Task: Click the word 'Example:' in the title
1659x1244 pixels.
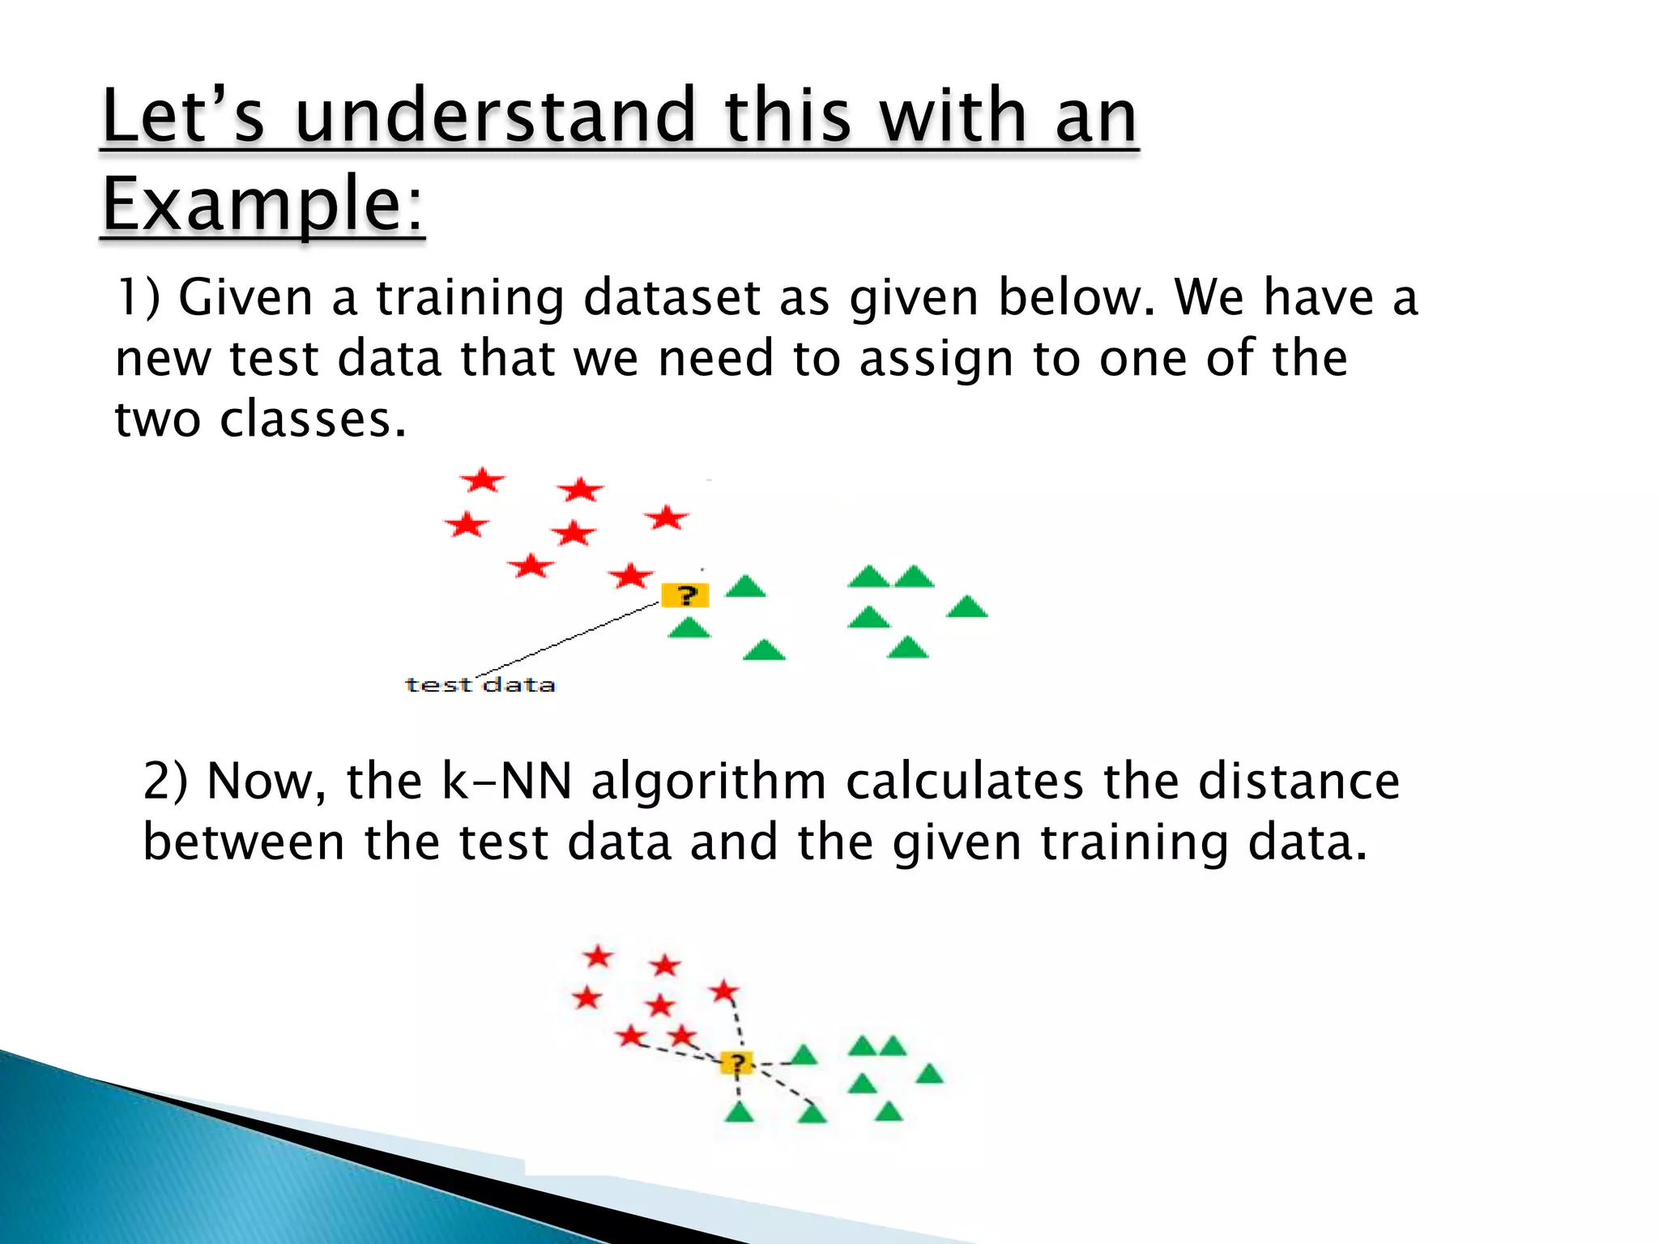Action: (262, 204)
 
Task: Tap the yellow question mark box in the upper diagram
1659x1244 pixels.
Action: (685, 595)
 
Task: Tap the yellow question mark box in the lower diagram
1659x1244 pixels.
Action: (736, 1063)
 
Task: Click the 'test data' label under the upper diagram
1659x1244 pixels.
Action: (480, 685)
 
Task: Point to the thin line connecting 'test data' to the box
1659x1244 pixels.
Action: (567, 639)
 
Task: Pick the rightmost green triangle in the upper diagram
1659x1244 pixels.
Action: (966, 607)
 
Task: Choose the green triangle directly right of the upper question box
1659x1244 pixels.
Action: (745, 587)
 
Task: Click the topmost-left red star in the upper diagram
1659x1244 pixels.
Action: (483, 480)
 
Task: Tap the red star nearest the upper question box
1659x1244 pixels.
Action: (630, 577)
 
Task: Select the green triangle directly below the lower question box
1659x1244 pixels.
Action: (739, 1113)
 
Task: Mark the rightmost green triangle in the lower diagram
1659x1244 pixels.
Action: (929, 1075)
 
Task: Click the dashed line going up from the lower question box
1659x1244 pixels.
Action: (737, 1025)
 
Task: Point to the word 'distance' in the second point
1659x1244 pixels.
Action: (1299, 782)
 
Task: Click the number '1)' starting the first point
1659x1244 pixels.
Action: (138, 296)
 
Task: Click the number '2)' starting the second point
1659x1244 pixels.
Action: (165, 782)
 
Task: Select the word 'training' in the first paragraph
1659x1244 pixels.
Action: (471, 298)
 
